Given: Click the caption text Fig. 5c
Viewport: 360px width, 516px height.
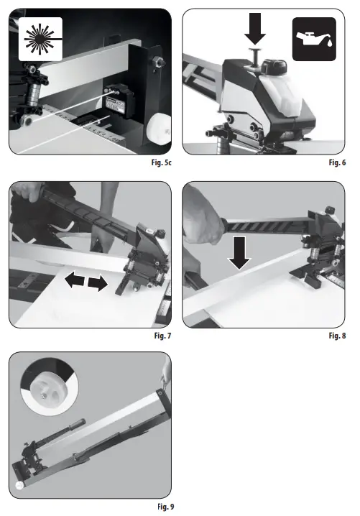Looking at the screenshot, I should (160, 163).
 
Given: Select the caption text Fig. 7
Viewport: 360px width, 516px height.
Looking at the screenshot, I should (162, 335).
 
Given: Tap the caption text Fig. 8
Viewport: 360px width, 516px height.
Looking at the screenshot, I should (338, 335).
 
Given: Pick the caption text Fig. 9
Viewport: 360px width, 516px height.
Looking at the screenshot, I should (163, 507).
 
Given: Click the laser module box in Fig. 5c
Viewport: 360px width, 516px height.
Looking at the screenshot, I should (119, 105).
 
